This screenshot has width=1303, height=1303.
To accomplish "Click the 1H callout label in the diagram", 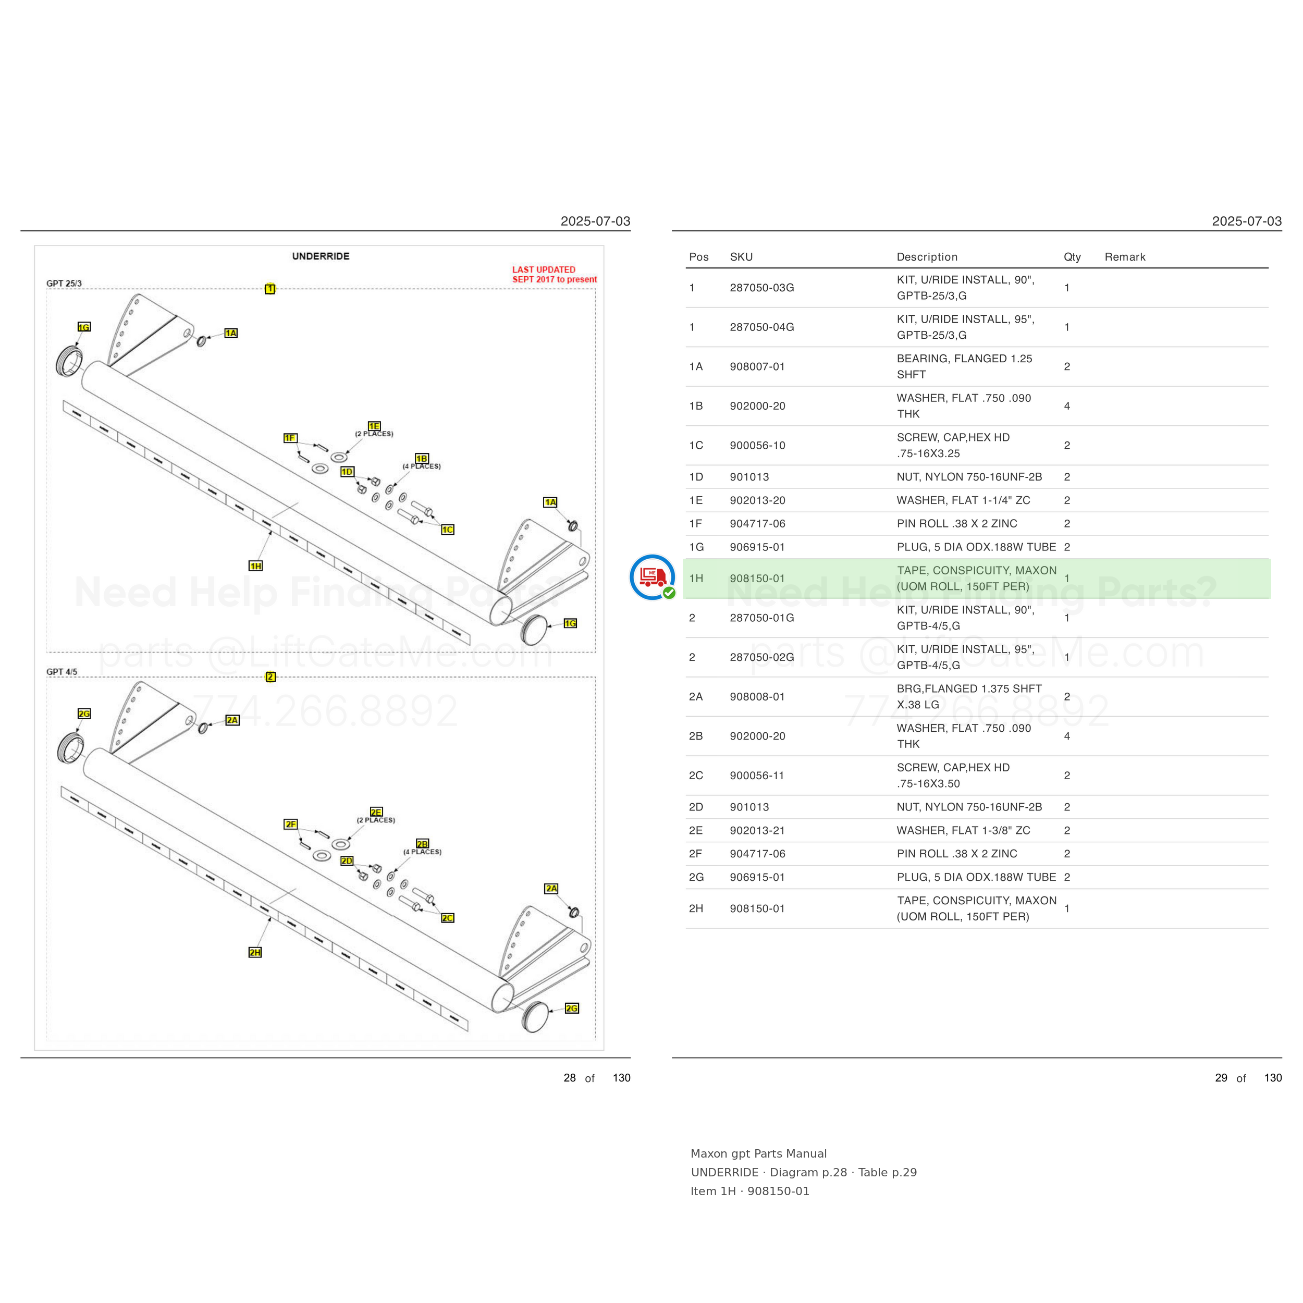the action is click(x=255, y=566).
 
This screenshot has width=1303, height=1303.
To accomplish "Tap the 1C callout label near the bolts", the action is click(x=448, y=530).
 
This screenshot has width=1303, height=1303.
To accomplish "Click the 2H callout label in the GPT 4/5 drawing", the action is click(x=255, y=952).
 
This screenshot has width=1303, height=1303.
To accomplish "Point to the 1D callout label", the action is click(x=347, y=472).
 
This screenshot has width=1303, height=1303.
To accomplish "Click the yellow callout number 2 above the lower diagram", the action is click(x=271, y=677).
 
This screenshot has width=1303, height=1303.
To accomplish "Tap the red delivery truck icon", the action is click(x=652, y=576).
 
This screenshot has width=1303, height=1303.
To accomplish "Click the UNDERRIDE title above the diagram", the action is click(x=321, y=256).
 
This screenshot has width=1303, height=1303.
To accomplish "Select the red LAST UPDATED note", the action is click(x=555, y=275).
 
